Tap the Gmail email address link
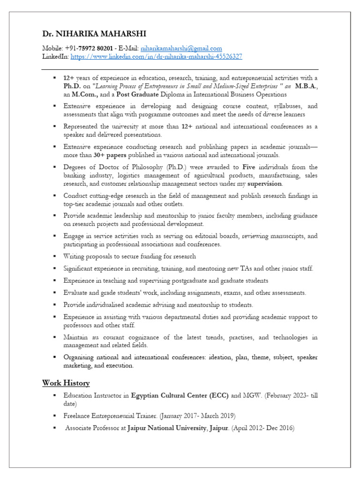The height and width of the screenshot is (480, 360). (181, 48)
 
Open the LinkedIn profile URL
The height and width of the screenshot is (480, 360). (156, 56)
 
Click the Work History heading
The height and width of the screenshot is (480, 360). (66, 383)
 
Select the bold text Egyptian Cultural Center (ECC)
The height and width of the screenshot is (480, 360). (180, 396)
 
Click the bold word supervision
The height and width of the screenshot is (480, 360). (265, 184)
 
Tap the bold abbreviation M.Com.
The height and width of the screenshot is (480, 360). (85, 94)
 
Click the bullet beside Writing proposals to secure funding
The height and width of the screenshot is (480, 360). (54, 256)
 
